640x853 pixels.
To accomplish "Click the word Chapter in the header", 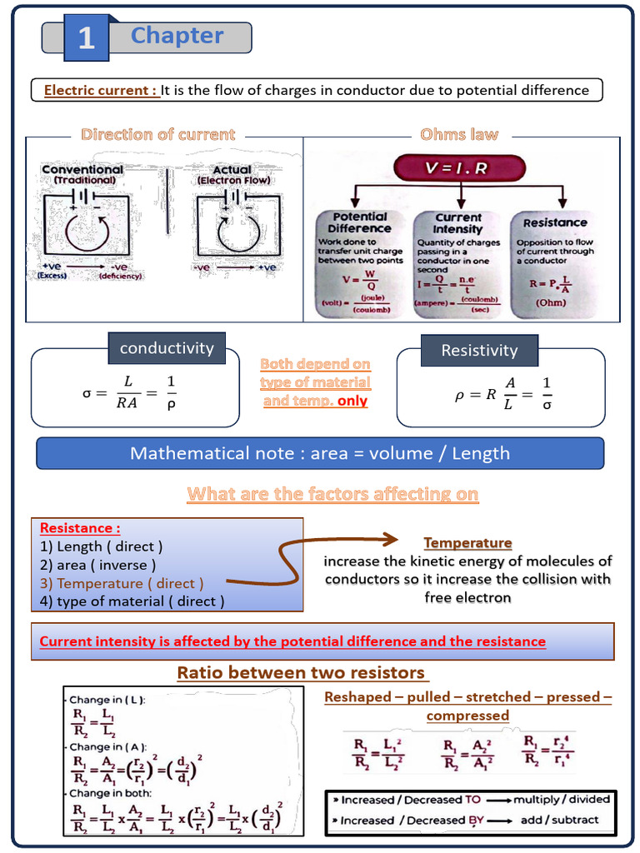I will coord(177,36).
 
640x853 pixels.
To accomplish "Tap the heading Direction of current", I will coord(157,134).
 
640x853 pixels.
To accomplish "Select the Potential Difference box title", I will coord(359,222).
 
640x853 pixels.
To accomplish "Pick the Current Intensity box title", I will coord(458,222).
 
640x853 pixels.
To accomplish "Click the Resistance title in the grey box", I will coord(555,222).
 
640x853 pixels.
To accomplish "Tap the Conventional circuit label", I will coord(82,173).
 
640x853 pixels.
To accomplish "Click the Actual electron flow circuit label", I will coord(232,173).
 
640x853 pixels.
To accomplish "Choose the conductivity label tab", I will coord(167,348).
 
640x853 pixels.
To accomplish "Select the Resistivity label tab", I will coord(479,351).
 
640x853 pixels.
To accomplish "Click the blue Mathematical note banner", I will coord(320,453).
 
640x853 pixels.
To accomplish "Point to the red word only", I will coord(352,401).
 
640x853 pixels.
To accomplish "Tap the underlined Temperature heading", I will coord(467,543).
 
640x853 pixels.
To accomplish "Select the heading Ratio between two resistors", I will coord(302,672).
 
